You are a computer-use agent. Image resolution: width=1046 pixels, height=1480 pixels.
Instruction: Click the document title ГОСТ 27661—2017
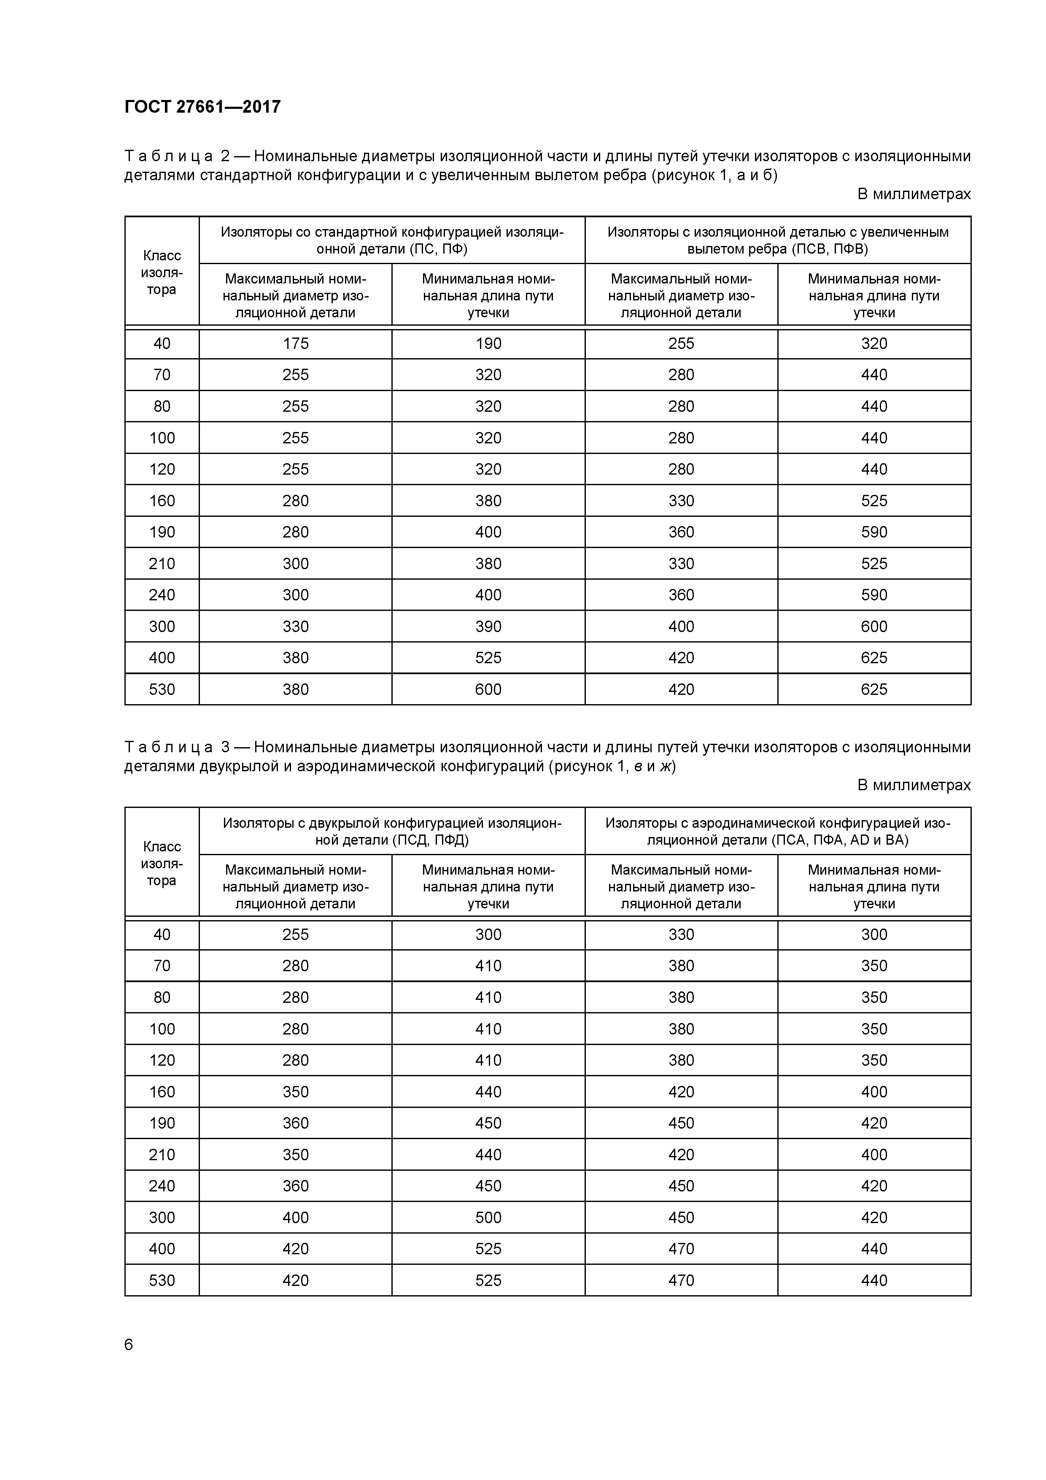(202, 106)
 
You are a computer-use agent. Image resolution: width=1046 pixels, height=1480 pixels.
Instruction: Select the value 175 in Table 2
(295, 343)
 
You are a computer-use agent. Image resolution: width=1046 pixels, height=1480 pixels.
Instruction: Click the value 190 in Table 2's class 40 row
(488, 343)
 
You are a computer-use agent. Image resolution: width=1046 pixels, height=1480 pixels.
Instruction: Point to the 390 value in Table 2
(488, 627)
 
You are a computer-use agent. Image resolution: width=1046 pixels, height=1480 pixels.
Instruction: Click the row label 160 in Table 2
(162, 501)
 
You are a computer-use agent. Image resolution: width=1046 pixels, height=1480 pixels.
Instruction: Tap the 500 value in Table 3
(488, 1217)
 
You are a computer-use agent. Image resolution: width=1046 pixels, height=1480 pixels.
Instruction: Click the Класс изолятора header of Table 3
(162, 863)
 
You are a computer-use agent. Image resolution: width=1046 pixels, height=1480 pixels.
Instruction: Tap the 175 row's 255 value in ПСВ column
(681, 343)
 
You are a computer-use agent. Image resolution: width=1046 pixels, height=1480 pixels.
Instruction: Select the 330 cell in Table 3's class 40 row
(681, 934)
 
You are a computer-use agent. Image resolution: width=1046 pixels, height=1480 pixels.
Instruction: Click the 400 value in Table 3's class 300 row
(295, 1217)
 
